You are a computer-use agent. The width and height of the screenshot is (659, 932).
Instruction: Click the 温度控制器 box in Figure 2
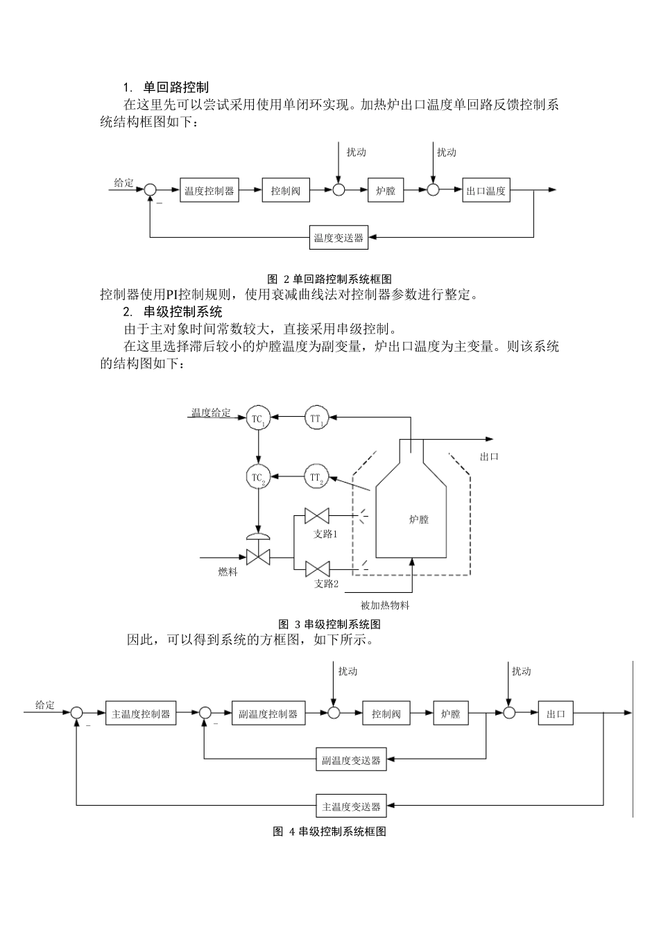click(x=209, y=191)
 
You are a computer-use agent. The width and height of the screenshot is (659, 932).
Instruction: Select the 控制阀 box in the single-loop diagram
click(x=285, y=191)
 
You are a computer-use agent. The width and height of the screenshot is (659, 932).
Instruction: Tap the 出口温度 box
click(x=486, y=191)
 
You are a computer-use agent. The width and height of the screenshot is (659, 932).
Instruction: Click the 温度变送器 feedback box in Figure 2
click(x=338, y=238)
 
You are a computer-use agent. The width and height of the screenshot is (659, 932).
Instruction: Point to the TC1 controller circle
click(x=257, y=418)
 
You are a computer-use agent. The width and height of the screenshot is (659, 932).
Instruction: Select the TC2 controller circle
click(x=257, y=477)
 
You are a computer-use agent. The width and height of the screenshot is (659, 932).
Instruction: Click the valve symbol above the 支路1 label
click(x=318, y=516)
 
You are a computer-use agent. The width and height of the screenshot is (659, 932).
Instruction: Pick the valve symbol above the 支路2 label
click(x=318, y=569)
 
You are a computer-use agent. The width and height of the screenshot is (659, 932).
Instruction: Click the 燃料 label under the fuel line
click(x=228, y=572)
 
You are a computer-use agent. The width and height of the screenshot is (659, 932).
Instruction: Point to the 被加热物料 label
click(x=385, y=605)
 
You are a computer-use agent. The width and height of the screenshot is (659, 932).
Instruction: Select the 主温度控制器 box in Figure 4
click(x=140, y=714)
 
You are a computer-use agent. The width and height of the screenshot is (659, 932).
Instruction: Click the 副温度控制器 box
click(x=267, y=714)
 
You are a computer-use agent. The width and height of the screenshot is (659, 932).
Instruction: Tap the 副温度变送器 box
click(x=350, y=759)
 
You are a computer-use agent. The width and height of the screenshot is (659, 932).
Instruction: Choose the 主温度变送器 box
click(x=350, y=806)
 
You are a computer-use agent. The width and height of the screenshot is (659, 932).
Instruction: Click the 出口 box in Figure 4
click(x=556, y=714)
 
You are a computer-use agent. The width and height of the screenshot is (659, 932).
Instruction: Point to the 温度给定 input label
click(x=211, y=413)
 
